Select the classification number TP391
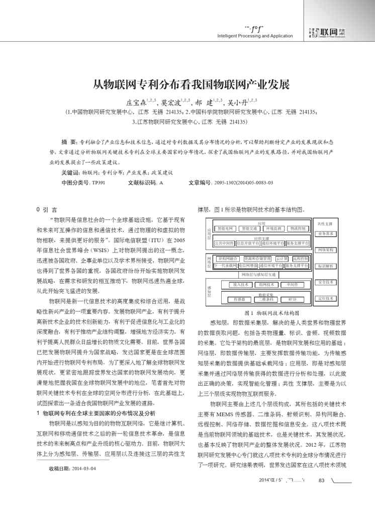point(98,183)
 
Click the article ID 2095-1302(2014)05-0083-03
point(243,183)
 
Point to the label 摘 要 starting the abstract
point(69,143)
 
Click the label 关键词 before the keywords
point(70,173)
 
